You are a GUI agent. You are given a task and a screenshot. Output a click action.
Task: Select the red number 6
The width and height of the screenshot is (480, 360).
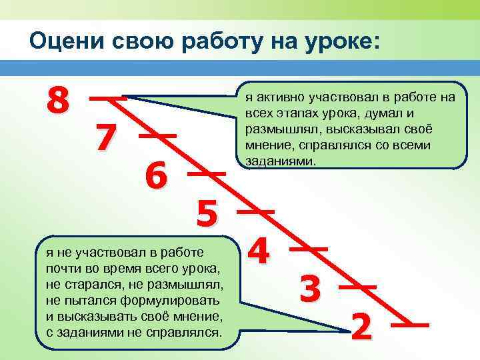coord(157,177)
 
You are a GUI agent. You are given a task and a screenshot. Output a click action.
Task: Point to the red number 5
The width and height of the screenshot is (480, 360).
coord(207,214)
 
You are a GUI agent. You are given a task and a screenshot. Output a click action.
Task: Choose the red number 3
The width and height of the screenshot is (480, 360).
coord(311,289)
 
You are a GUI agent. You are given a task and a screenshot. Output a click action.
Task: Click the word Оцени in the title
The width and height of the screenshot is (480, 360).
coord(64,41)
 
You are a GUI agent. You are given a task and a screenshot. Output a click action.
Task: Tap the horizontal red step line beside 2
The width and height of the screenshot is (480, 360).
coord(409,325)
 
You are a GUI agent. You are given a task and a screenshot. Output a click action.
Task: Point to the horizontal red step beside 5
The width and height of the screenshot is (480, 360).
coord(257,211)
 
